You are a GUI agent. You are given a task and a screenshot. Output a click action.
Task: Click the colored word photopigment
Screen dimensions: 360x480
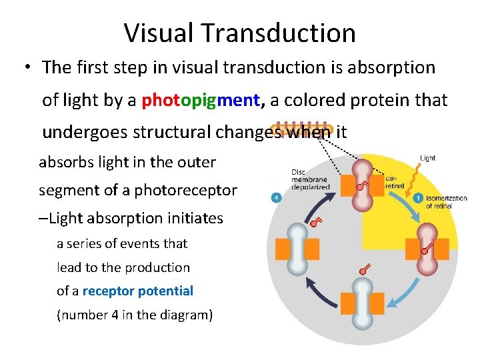201,100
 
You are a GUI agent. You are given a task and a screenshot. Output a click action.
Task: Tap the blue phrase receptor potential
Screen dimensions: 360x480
137,291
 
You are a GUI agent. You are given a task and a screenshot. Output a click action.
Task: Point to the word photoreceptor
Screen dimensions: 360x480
197,190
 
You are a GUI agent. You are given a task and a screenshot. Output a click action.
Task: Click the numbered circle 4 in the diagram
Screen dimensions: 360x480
275,197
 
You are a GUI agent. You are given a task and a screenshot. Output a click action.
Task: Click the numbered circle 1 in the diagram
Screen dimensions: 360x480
417,197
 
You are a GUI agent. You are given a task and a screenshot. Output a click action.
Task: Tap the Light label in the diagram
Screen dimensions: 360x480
427,158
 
